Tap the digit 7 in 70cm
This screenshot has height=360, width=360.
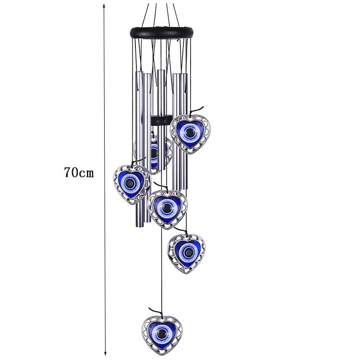67,172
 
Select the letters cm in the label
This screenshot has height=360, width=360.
87,173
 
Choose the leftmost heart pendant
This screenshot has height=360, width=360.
132,183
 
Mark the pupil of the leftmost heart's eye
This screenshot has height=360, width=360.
132,183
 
